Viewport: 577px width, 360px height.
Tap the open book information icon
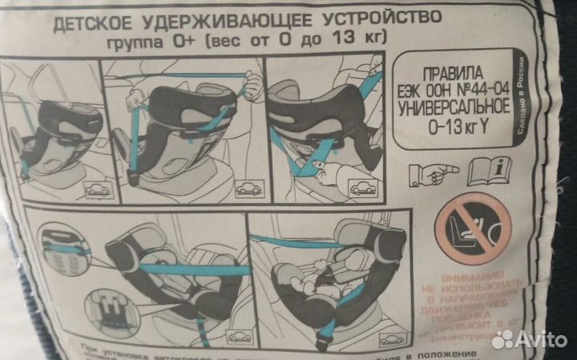tap(490, 171)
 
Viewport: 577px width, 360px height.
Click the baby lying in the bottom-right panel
tap(321, 281)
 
